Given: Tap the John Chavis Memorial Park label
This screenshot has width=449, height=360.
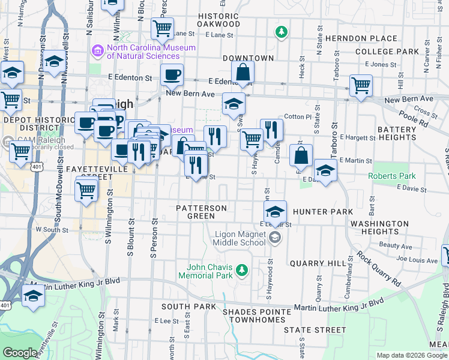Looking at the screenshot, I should click(x=209, y=271).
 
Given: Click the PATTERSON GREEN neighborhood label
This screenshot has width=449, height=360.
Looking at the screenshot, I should click(x=201, y=212).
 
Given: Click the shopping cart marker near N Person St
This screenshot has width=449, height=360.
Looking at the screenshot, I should click(x=162, y=27).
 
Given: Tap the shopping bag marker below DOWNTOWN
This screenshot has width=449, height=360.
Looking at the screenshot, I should click(x=243, y=71).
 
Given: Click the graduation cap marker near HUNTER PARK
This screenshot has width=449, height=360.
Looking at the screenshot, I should click(x=275, y=211).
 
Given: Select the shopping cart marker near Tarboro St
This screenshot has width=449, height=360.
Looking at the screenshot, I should click(x=361, y=85).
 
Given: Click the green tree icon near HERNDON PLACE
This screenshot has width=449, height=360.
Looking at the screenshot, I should click(x=280, y=31).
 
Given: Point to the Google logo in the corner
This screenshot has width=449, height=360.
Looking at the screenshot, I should click(x=20, y=353).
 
